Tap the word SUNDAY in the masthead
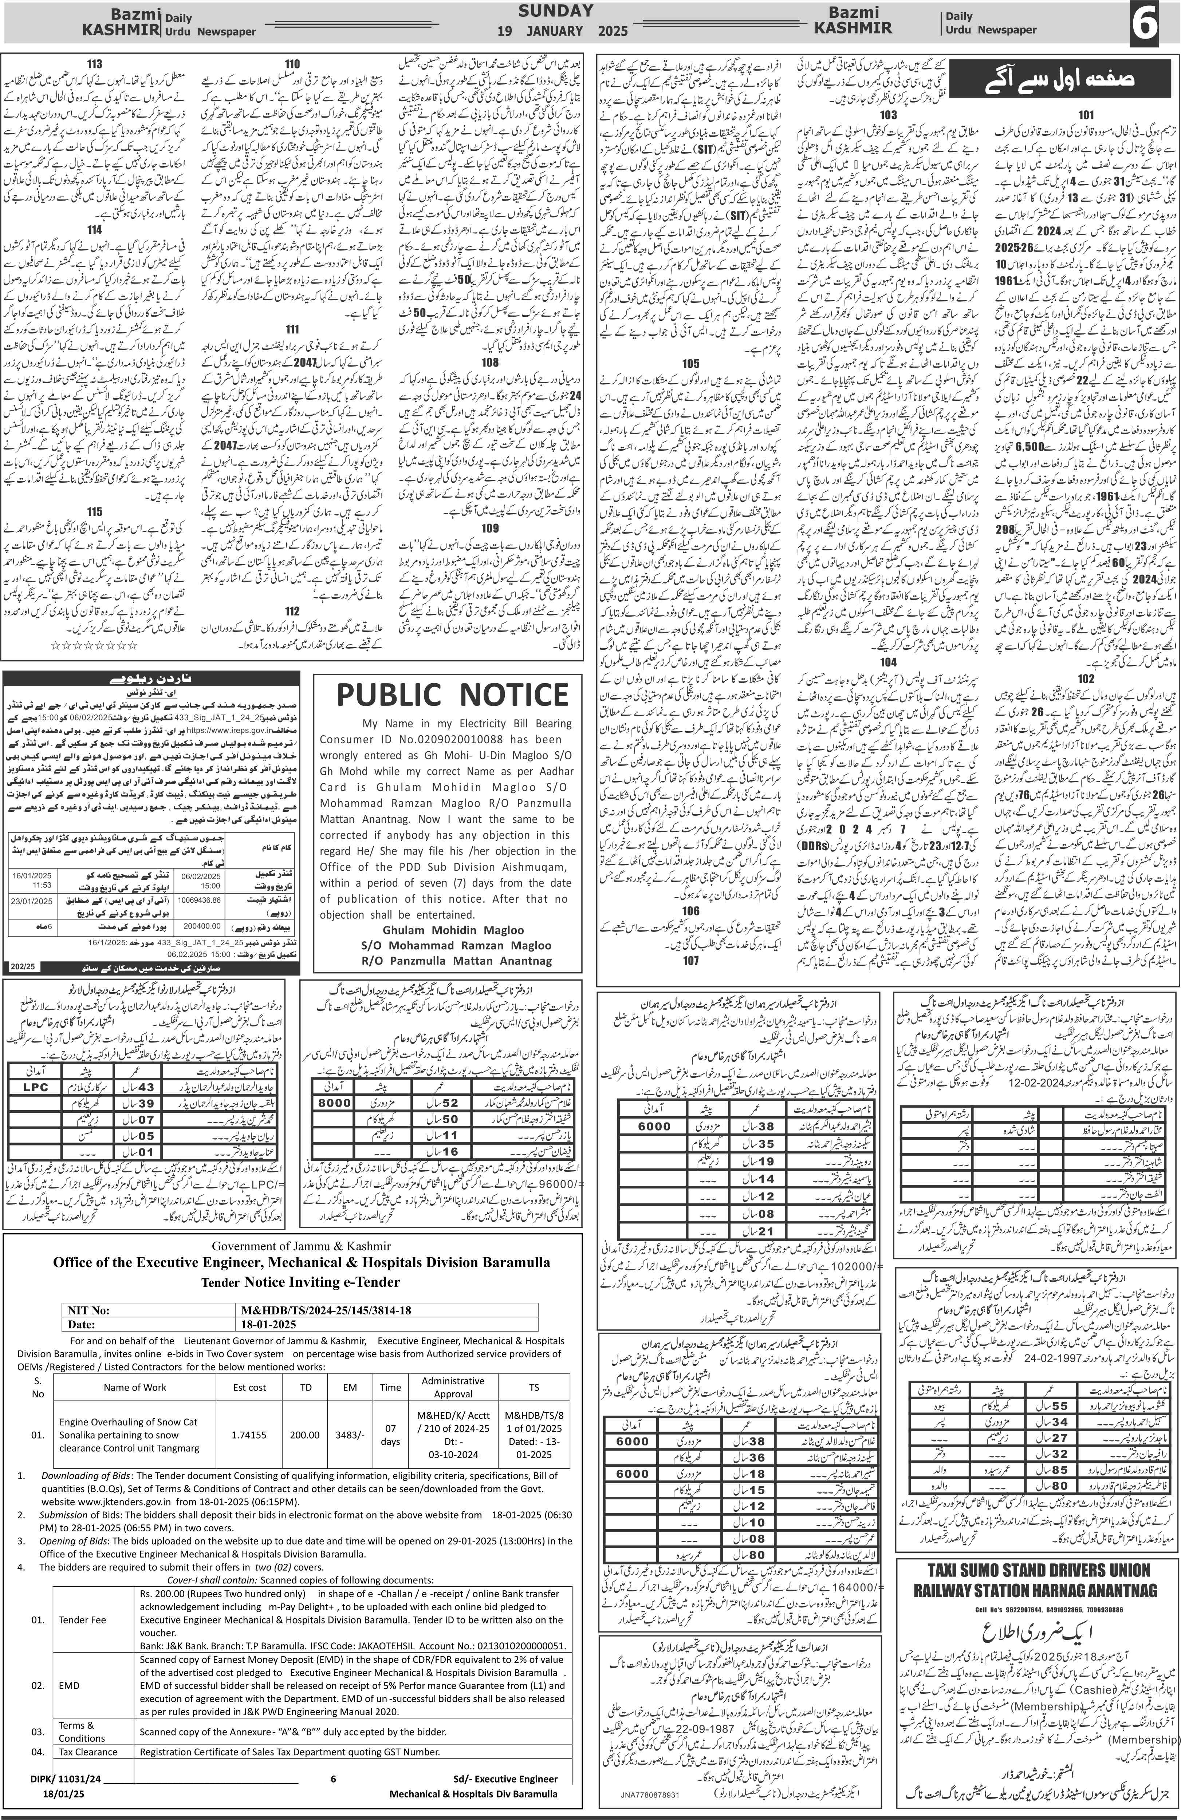[555, 11]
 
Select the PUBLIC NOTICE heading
[451, 695]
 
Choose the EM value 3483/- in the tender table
[350, 1436]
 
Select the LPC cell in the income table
[35, 1087]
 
